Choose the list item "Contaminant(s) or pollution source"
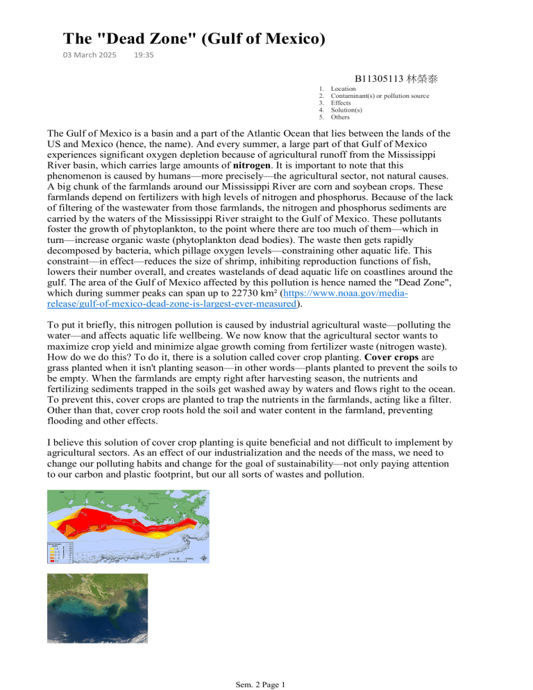380,96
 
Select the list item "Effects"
341,103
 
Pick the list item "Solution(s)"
346,110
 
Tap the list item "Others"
341,117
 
